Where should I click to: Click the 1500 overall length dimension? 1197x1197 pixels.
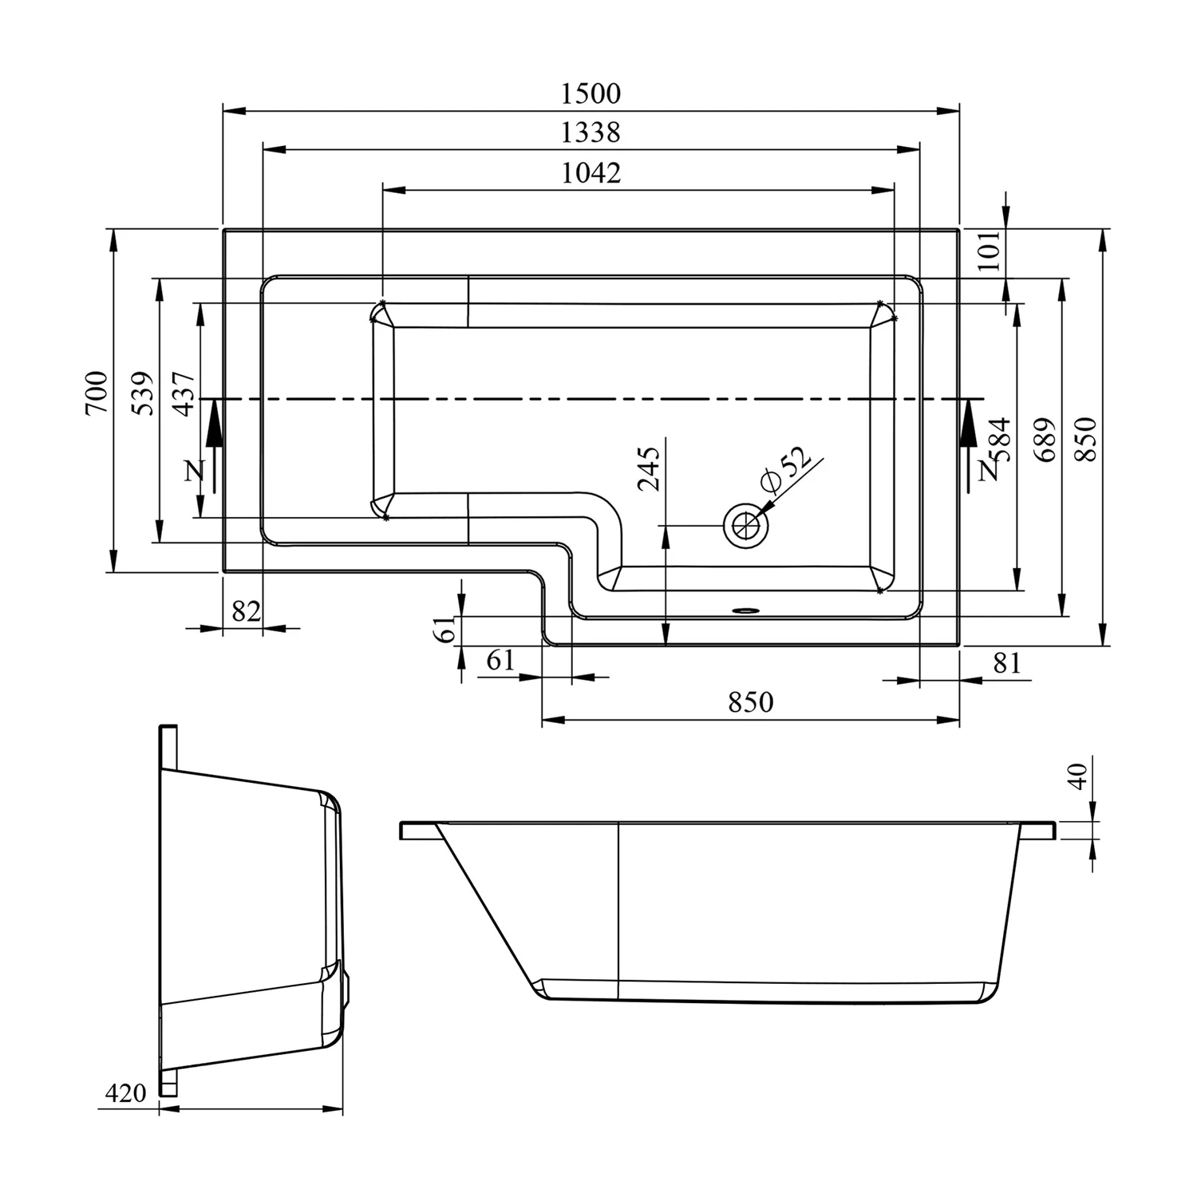tap(591, 93)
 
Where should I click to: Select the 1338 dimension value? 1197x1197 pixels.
tap(591, 132)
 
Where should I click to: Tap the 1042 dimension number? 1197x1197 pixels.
tap(591, 172)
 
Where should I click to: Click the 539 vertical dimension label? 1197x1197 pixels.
tap(143, 392)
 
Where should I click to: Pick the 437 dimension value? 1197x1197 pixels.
tap(184, 393)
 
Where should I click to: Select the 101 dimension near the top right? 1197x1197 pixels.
tap(990, 251)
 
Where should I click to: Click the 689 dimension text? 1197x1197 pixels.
tap(1046, 439)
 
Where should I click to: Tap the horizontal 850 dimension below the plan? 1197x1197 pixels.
tap(750, 701)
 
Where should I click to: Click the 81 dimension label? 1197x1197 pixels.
tap(1007, 662)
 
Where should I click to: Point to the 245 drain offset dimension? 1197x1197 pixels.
tap(650, 468)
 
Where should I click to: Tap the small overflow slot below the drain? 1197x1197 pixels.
tap(745, 612)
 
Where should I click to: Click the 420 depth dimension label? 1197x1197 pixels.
tap(125, 1092)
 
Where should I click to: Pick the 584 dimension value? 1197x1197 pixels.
tap(1001, 440)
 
